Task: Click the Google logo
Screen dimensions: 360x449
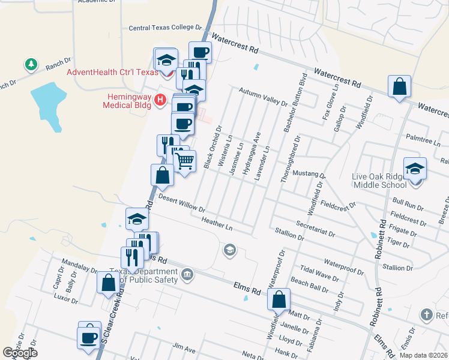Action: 20,353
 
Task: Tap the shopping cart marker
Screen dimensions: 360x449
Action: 185,160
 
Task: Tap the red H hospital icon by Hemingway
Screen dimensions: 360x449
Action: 160,100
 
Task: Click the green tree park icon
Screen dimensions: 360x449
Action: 30,64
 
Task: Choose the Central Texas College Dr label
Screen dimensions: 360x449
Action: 166,28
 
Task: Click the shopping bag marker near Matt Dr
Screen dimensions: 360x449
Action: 279,299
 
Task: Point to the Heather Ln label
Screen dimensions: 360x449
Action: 217,224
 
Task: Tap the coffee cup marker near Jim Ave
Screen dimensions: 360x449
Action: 89,337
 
